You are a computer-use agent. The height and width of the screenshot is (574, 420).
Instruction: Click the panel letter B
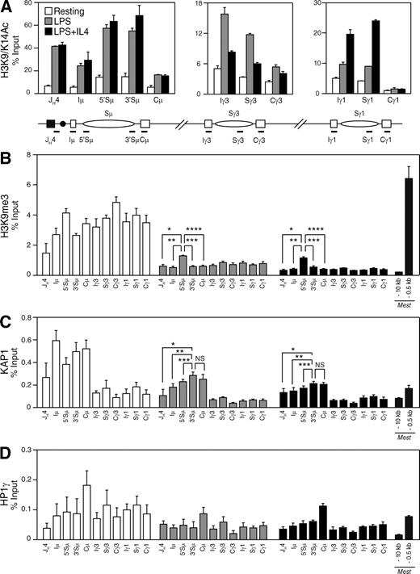7,154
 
